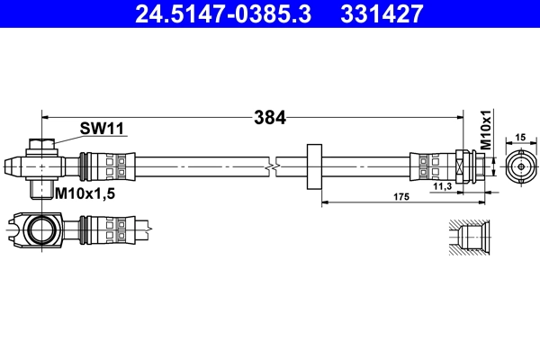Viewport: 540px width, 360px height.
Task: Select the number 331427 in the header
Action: click(379, 14)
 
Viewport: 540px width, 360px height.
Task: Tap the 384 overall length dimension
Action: click(269, 116)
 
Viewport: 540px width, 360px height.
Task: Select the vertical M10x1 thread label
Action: click(485, 130)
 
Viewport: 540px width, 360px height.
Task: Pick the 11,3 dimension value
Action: click(442, 186)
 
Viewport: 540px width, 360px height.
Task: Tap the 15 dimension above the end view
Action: click(519, 137)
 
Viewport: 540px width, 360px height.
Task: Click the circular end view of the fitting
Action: click(519, 166)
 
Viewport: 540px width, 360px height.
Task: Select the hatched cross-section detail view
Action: click(468, 238)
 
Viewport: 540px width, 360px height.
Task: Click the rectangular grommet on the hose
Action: click(314, 166)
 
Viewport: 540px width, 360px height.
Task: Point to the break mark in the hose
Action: click(272, 166)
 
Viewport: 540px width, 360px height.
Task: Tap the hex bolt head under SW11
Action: click(41, 144)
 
